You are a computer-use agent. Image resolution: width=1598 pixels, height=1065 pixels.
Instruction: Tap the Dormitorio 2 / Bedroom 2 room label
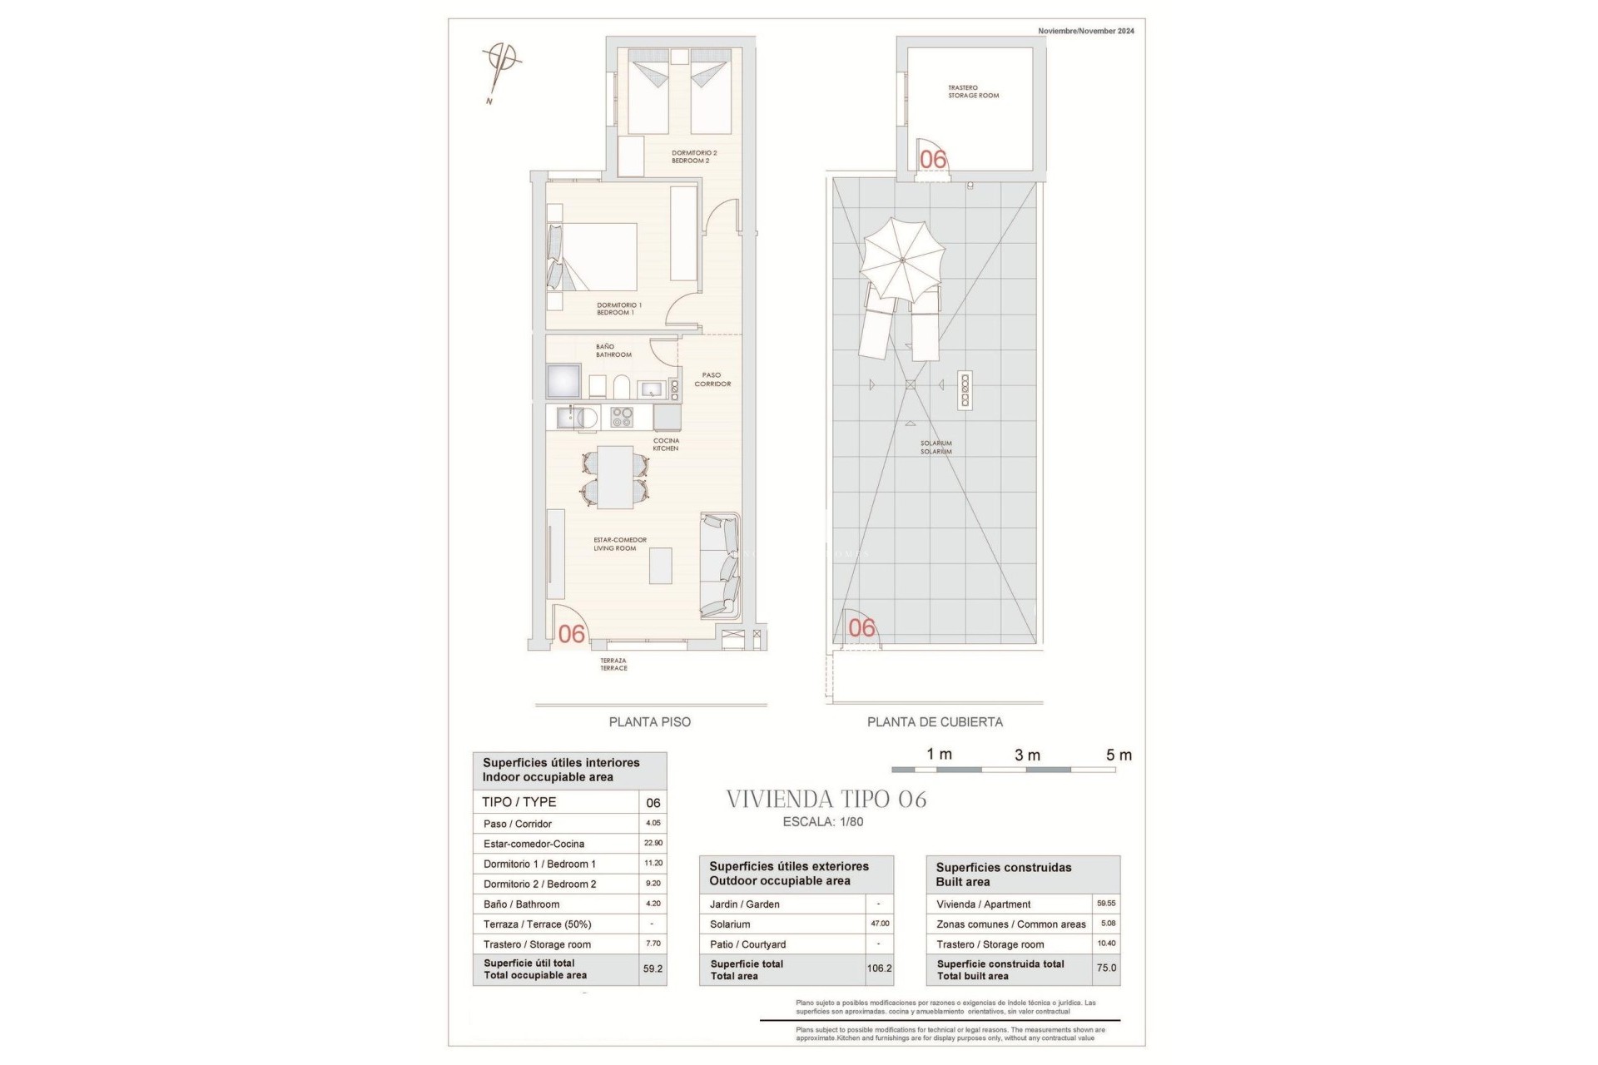[694, 156]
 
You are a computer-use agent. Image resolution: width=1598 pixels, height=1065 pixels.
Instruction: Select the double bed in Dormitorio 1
[598, 256]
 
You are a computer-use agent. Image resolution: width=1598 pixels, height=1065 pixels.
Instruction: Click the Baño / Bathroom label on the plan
[613, 350]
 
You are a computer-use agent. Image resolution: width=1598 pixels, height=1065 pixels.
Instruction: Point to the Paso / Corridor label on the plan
[712, 379]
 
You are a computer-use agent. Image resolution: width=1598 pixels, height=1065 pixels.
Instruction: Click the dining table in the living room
[615, 477]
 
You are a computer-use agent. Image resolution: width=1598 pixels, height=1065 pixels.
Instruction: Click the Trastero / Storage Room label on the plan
[973, 92]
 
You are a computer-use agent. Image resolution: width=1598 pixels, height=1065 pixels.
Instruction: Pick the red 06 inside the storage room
[933, 159]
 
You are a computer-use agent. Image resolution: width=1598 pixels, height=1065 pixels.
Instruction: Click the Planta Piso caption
[649, 722]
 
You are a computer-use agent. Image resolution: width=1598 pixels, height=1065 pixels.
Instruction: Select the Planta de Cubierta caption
[935, 722]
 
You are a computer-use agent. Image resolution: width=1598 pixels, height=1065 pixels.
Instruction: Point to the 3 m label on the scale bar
[1027, 755]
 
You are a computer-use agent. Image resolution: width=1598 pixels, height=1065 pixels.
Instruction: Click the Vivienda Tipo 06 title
[826, 800]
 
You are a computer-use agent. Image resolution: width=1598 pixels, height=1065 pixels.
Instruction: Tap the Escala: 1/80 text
[823, 822]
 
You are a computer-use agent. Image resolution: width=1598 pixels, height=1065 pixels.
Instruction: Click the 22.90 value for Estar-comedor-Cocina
[653, 843]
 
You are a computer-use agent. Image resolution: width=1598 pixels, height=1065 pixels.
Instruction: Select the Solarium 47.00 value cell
[880, 924]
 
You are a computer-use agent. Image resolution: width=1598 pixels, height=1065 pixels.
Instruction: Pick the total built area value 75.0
[1106, 968]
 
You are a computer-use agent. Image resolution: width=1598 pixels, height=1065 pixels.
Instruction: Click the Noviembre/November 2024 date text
[1085, 31]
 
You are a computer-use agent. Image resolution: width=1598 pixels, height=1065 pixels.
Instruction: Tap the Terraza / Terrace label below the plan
[613, 664]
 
